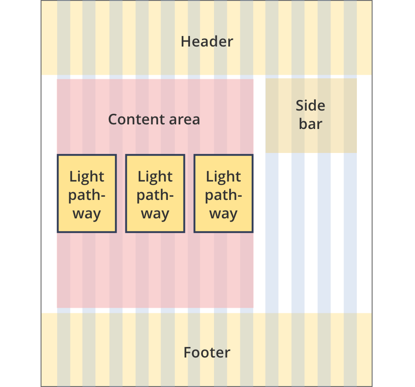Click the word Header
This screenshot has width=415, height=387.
(x=207, y=41)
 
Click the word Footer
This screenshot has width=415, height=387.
(x=207, y=353)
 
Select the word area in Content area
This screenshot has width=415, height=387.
(x=184, y=120)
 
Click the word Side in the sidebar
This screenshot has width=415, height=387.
(x=310, y=106)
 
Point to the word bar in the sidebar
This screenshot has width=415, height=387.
(x=310, y=124)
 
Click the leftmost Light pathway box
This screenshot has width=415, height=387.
(x=87, y=193)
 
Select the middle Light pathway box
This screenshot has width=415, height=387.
(x=155, y=193)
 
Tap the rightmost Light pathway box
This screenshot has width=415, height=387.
(x=223, y=193)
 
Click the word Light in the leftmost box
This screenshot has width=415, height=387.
(x=87, y=177)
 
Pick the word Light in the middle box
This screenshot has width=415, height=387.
(x=155, y=177)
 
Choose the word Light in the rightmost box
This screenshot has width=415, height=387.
(x=223, y=177)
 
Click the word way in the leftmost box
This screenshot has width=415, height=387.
(x=87, y=214)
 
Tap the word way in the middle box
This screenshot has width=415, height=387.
(x=155, y=214)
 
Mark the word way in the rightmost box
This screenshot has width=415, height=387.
(x=223, y=214)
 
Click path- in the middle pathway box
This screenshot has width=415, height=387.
(x=155, y=195)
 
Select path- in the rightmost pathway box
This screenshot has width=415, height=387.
(x=223, y=195)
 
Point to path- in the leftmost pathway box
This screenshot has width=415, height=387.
(x=87, y=195)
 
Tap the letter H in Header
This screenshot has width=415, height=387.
(x=185, y=41)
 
